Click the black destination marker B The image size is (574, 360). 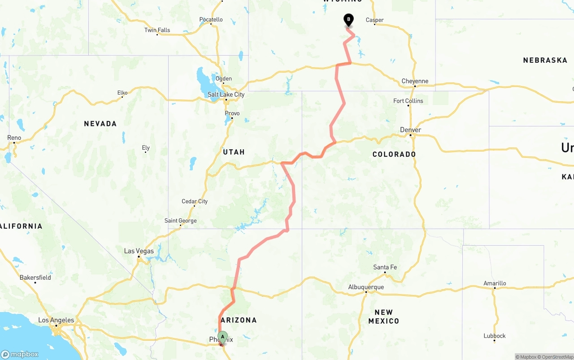pyautogui.click(x=348, y=20)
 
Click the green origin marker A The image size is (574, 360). pyautogui.click(x=222, y=337)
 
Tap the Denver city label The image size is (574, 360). pyautogui.click(x=410, y=130)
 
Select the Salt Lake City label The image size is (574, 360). pyautogui.click(x=226, y=95)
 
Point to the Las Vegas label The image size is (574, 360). pyautogui.click(x=139, y=251)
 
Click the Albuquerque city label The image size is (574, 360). pyautogui.click(x=366, y=287)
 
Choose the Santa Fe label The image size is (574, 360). pyautogui.click(x=385, y=267)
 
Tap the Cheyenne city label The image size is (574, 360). pyautogui.click(x=415, y=81)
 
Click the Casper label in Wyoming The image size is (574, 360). pyautogui.click(x=374, y=20)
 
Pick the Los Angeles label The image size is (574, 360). pyautogui.click(x=56, y=320)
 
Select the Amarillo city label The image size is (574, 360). pyautogui.click(x=495, y=283)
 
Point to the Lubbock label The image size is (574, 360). pyautogui.click(x=495, y=336)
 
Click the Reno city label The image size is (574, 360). pyautogui.click(x=14, y=138)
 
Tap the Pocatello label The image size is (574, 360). pyautogui.click(x=211, y=19)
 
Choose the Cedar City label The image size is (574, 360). pyautogui.click(x=195, y=201)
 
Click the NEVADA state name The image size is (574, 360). pyautogui.click(x=100, y=124)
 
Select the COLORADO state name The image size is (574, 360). pyautogui.click(x=394, y=154)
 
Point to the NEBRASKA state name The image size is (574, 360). pyautogui.click(x=545, y=60)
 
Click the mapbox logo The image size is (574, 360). pyautogui.click(x=20, y=354)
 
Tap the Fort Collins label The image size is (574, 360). pyautogui.click(x=408, y=101)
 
